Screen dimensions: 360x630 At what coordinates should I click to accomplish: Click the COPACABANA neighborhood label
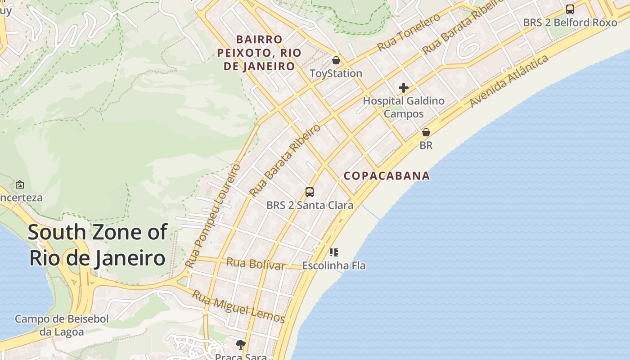pyautogui.click(x=387, y=175)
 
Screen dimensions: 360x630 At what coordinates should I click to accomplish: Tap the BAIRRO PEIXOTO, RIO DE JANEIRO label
pyautogui.click(x=259, y=53)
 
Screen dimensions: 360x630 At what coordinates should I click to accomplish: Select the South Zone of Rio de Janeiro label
pyautogui.click(x=97, y=245)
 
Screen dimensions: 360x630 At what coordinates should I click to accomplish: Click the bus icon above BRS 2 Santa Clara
pyautogui.click(x=310, y=192)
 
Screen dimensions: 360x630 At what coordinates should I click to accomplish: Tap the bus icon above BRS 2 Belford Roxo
pyautogui.click(x=570, y=9)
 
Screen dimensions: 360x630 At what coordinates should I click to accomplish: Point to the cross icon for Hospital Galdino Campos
pyautogui.click(x=403, y=88)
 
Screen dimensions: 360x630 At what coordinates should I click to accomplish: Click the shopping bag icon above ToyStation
pyautogui.click(x=336, y=60)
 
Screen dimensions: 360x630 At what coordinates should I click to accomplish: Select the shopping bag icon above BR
pyautogui.click(x=426, y=132)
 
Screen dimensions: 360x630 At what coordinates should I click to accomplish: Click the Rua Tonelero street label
pyautogui.click(x=409, y=32)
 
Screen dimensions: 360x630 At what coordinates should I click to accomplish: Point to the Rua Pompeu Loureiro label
pyautogui.click(x=214, y=215)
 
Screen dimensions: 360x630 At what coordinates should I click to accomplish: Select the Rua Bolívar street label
pyautogui.click(x=256, y=264)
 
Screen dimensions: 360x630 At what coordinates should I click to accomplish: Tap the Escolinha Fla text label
pyautogui.click(x=333, y=265)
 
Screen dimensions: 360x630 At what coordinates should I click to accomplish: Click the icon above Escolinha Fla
pyautogui.click(x=333, y=252)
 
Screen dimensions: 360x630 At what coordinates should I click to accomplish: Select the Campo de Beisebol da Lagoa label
pyautogui.click(x=62, y=325)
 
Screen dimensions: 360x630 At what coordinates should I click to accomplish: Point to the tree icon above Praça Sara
pyautogui.click(x=241, y=345)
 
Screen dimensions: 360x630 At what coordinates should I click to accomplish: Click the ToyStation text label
pyautogui.click(x=336, y=73)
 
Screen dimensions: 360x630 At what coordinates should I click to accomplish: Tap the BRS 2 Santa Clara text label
pyautogui.click(x=310, y=205)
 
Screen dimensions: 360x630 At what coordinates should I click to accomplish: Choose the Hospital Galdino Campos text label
pyautogui.click(x=404, y=107)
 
